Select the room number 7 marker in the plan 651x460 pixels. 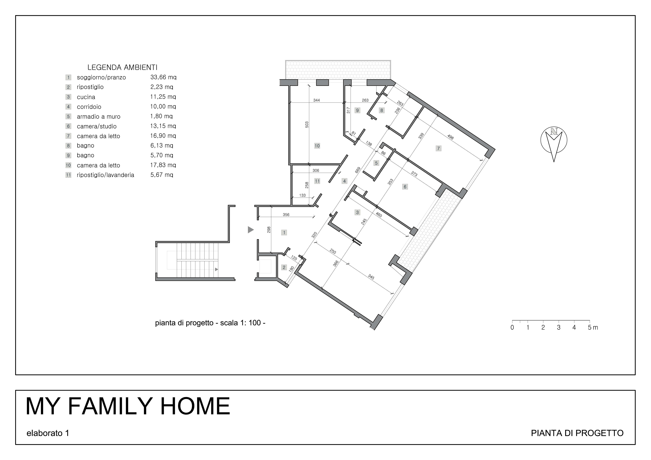click(438, 148)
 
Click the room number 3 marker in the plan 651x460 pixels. click(357, 212)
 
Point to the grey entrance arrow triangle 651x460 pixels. click(250, 230)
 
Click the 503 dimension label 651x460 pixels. click(307, 125)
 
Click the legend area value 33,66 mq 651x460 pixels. click(163, 77)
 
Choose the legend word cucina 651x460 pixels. click(86, 97)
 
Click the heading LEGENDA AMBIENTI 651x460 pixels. click(122, 67)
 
